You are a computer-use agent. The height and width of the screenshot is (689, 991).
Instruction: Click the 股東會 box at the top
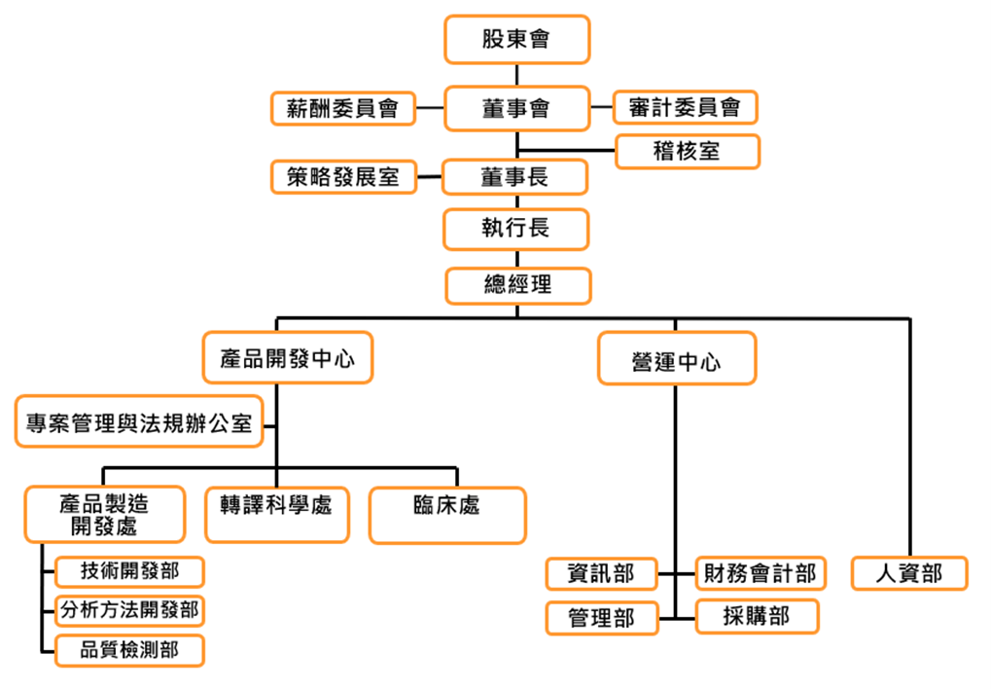click(x=516, y=40)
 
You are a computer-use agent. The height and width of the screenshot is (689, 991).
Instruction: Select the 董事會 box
click(x=516, y=108)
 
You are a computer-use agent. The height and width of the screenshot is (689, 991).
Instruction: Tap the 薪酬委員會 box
click(x=342, y=108)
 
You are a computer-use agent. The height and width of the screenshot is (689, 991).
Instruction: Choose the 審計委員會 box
click(x=686, y=107)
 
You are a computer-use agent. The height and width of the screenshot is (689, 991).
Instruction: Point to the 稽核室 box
click(x=688, y=151)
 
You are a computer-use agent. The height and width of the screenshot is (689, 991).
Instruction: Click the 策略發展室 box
click(x=342, y=177)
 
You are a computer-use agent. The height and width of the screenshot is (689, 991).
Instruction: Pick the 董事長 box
click(x=515, y=177)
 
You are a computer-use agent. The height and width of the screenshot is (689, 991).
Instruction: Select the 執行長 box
click(x=516, y=230)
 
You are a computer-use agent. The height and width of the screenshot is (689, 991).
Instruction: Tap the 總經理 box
click(x=517, y=285)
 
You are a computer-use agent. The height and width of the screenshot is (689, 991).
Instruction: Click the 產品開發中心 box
click(x=288, y=358)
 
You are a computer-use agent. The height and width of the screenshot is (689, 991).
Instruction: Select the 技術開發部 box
click(x=129, y=571)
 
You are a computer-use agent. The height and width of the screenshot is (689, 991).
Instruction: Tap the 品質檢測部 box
click(x=129, y=650)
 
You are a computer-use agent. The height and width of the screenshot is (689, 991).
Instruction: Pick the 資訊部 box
click(x=601, y=574)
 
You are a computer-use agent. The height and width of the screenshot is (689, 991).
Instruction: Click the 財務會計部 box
click(x=761, y=573)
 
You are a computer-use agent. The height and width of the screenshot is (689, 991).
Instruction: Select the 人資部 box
click(x=910, y=573)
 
